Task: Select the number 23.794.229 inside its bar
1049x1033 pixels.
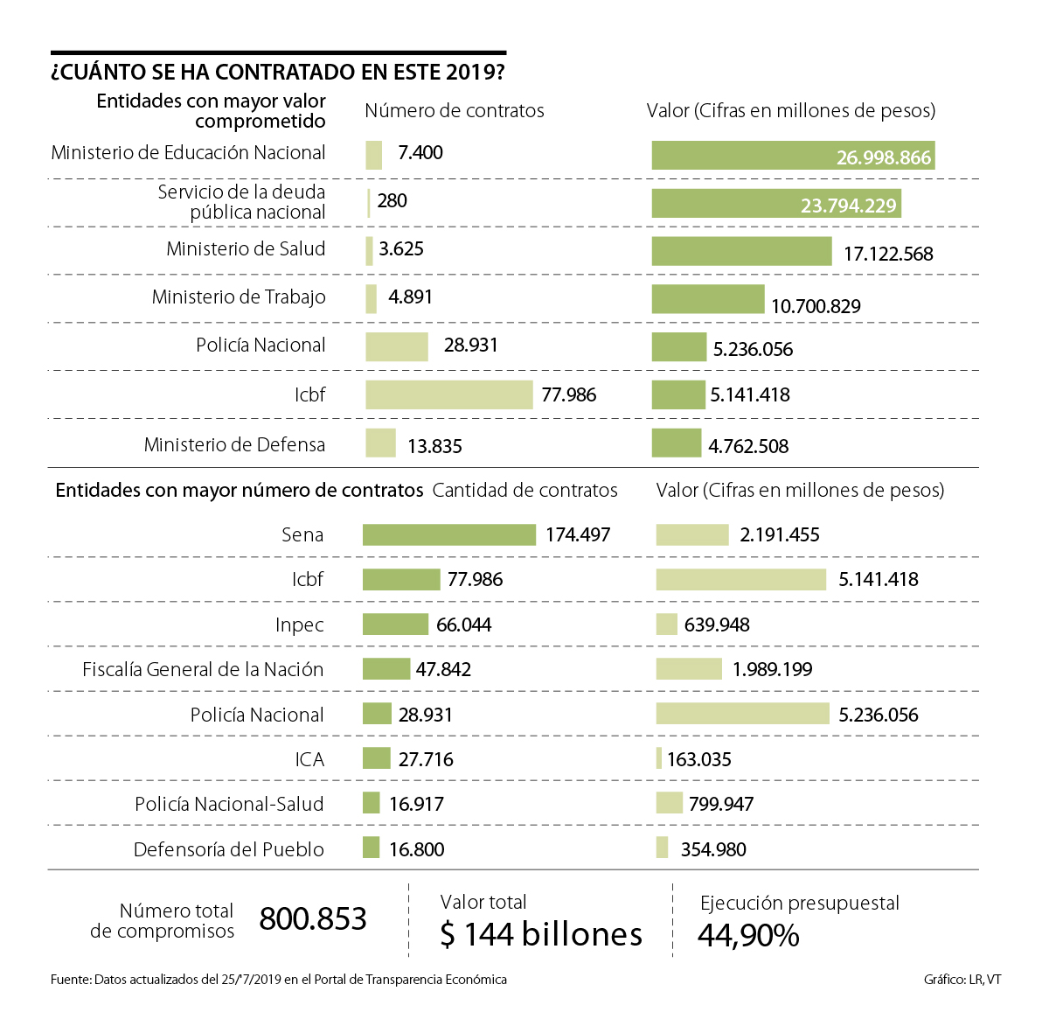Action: [848, 206]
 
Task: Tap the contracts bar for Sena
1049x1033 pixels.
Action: [449, 534]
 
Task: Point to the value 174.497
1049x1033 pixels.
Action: [578, 534]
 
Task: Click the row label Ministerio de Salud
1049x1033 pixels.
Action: [246, 249]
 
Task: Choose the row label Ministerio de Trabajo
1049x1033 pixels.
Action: [239, 297]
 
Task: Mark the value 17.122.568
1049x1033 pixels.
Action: [888, 255]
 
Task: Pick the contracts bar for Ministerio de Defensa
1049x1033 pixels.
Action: [380, 443]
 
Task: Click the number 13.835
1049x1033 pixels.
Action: [434, 446]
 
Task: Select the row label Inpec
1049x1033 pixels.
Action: [299, 625]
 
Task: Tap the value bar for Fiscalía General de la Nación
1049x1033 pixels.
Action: [689, 669]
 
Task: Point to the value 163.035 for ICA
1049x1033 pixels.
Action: [699, 759]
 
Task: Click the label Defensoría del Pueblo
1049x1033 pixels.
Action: [228, 849]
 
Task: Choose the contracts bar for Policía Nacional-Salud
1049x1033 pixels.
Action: [372, 803]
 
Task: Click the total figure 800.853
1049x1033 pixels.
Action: [313, 919]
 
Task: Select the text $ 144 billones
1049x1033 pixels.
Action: [541, 935]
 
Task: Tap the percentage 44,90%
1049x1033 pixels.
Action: [748, 936]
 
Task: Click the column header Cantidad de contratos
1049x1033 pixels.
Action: [524, 491]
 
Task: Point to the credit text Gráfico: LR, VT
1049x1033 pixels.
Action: [962, 980]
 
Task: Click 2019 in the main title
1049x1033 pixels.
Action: [469, 72]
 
